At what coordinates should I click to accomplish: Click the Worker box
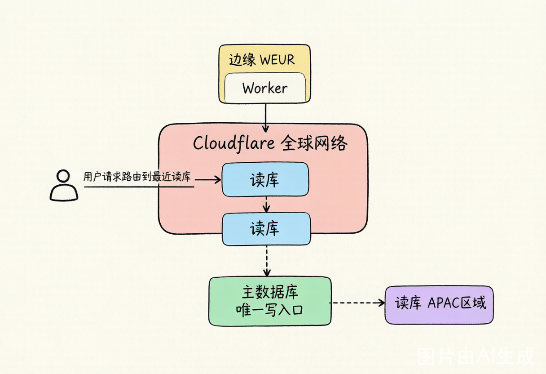pos(265,88)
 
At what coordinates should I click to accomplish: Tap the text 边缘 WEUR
pos(262,59)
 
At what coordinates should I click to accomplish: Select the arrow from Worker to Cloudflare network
pos(265,118)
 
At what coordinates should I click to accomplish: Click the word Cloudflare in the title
pos(233,143)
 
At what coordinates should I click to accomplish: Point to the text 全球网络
pos(314,143)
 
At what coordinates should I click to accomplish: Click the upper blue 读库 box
pos(265,179)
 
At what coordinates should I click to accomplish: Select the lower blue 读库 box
pos(266,229)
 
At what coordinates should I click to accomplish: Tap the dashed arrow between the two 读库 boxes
pos(266,205)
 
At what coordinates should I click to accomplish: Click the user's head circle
pos(63,176)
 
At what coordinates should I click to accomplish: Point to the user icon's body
pos(64,193)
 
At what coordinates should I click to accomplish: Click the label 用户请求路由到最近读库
pos(137,177)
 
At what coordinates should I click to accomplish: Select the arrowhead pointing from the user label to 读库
pos(217,180)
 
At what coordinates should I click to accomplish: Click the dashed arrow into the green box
pos(267,261)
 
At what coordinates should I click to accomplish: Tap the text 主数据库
pos(270,292)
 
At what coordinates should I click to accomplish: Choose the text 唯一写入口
pos(269,310)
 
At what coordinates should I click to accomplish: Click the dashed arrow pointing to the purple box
pos(357,303)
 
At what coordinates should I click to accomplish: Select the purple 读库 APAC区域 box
pos(439,305)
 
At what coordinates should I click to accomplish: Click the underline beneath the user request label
pos(139,187)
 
